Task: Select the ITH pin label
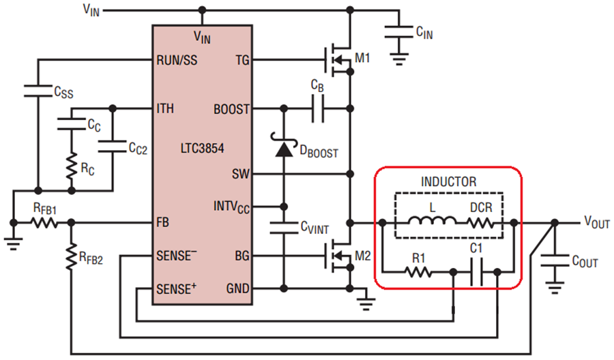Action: (165, 108)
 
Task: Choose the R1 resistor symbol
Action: (418, 272)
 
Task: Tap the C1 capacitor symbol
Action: (477, 272)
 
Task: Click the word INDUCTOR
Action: (448, 182)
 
